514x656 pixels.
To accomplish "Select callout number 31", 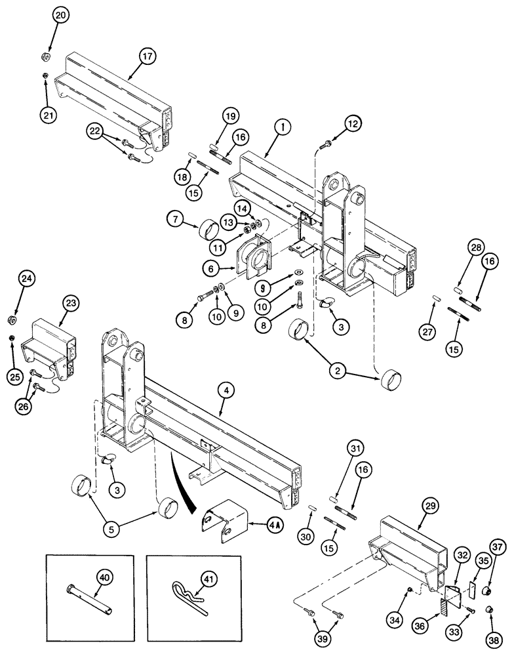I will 355,449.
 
